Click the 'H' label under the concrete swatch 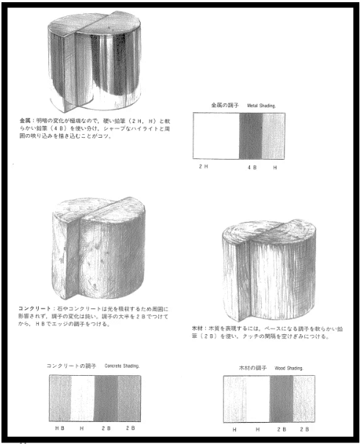click(x=82, y=426)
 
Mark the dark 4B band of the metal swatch click(x=251, y=136)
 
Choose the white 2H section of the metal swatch click(x=216, y=136)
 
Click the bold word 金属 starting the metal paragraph click(x=27, y=119)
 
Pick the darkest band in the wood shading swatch click(x=281, y=399)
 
